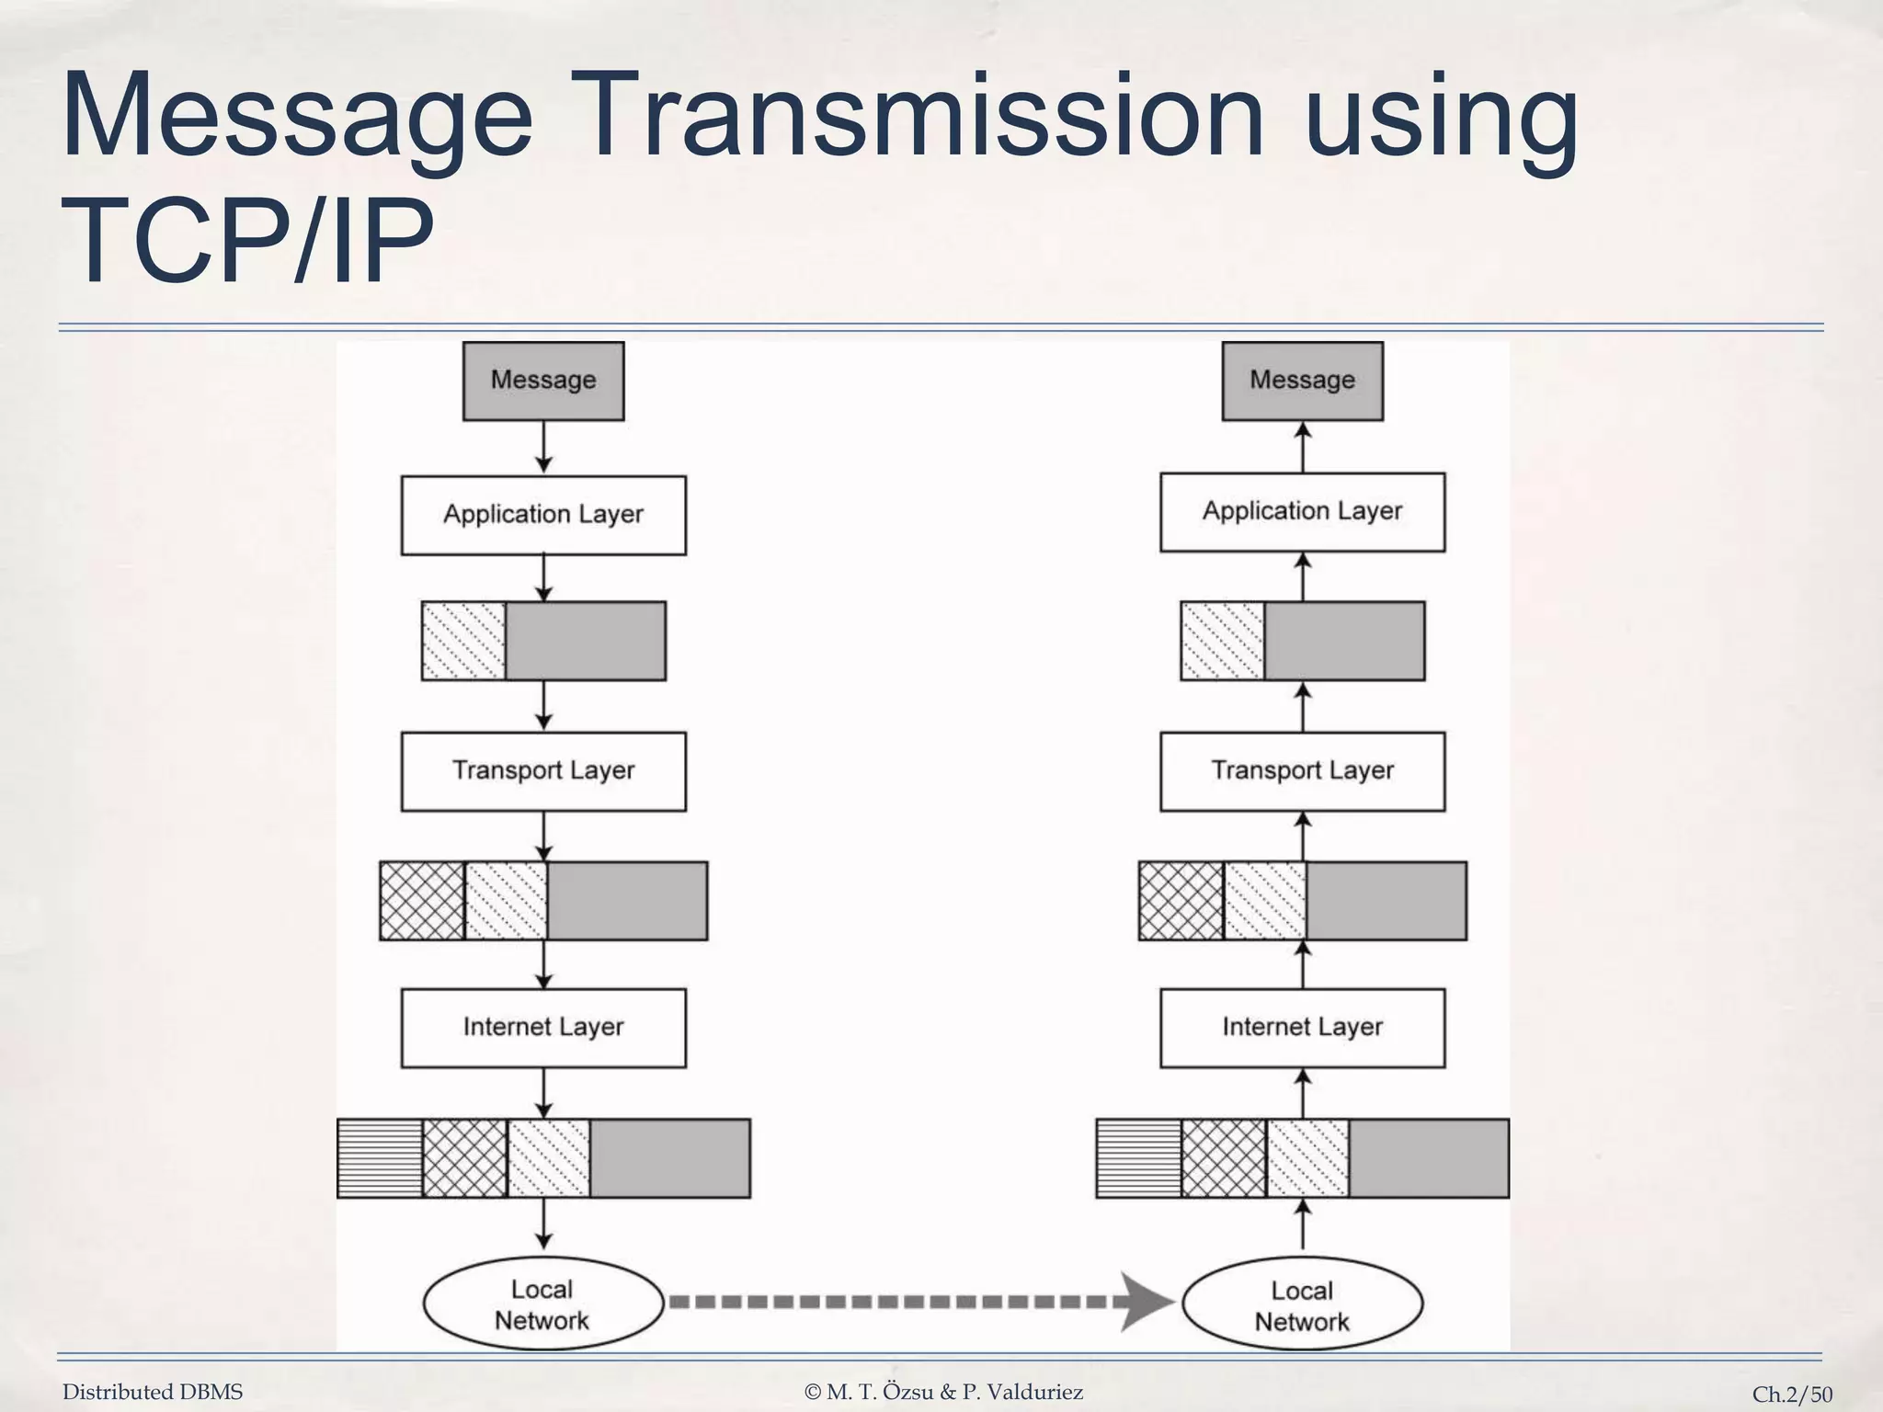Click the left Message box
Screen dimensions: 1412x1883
(542, 381)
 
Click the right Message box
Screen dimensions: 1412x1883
(1302, 381)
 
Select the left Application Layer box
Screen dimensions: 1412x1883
(542, 515)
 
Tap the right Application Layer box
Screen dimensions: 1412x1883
(1302, 512)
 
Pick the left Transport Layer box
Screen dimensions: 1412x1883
(542, 771)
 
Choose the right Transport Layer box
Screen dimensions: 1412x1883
(1302, 771)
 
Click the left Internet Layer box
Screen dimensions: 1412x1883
(542, 1028)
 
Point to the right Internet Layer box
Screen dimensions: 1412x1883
(1302, 1028)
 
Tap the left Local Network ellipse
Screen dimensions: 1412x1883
(542, 1304)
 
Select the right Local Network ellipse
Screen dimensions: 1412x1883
(1302, 1304)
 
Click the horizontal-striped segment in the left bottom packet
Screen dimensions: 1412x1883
(380, 1158)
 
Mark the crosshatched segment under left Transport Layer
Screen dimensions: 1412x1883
(422, 901)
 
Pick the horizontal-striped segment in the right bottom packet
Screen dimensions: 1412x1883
(1139, 1158)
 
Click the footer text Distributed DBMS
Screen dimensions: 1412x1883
(153, 1392)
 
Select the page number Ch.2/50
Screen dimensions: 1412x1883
(1792, 1395)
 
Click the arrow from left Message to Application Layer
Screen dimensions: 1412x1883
(543, 448)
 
